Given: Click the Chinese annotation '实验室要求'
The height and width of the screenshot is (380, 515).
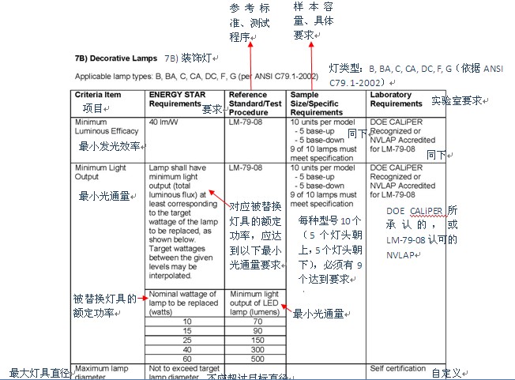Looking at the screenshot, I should click(460, 102).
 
